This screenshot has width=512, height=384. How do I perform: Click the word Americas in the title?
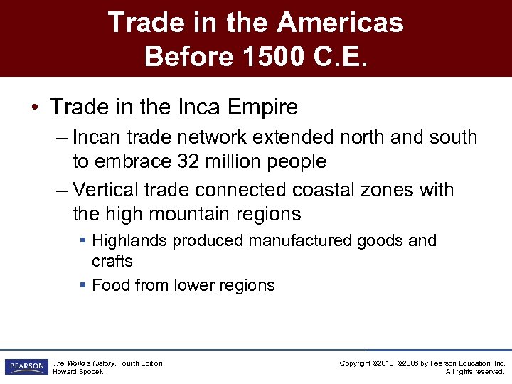(340, 23)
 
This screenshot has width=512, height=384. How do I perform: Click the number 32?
(188, 161)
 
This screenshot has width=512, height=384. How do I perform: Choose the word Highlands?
(130, 241)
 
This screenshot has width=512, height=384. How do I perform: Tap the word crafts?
(112, 261)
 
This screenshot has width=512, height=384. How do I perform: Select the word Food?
(109, 285)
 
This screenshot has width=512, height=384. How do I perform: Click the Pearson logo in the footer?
(25, 367)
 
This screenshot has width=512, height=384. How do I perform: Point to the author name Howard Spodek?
(79, 372)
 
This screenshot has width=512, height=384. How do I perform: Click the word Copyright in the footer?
(356, 363)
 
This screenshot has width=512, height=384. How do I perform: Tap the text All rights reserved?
(475, 372)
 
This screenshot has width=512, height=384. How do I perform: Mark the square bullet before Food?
(83, 285)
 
